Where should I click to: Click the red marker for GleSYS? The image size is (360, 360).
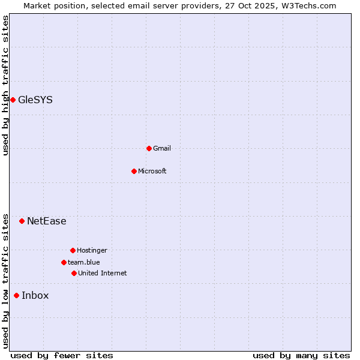(x=13, y=100)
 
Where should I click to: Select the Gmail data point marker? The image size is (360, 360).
(x=149, y=148)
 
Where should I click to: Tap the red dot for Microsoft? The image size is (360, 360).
(x=134, y=171)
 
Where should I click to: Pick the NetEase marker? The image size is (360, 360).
(x=22, y=221)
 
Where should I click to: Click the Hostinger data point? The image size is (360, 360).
(x=73, y=250)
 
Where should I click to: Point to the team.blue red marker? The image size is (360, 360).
(x=64, y=262)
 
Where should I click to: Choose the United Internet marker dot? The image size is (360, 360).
(x=74, y=273)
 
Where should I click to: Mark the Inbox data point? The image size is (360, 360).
(x=16, y=295)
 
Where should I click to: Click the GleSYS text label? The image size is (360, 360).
(x=35, y=100)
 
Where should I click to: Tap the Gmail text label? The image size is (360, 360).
(x=162, y=148)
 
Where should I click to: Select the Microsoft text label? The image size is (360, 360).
(x=152, y=171)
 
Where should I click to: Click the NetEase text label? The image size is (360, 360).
(x=47, y=221)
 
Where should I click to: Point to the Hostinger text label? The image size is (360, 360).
(x=92, y=250)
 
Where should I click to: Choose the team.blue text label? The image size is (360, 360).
(x=84, y=262)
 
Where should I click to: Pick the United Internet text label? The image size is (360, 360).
(x=103, y=273)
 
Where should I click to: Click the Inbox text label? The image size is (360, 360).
(x=35, y=296)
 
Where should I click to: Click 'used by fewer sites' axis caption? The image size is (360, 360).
(x=62, y=355)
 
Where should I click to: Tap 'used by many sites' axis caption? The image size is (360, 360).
(x=301, y=355)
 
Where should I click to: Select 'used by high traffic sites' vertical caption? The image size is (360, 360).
(x=5, y=85)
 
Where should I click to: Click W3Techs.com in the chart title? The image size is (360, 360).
(x=307, y=5)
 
